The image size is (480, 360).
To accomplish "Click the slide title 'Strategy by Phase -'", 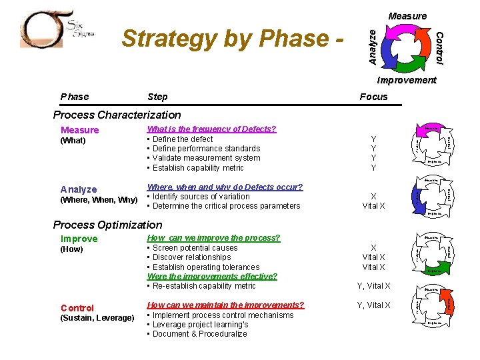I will (x=234, y=39).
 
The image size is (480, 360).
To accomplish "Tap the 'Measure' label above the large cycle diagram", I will (x=407, y=16).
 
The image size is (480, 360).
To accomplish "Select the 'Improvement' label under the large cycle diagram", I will (x=406, y=80).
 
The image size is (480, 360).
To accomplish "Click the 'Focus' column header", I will (x=373, y=97).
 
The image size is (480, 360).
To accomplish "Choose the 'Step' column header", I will (x=157, y=97).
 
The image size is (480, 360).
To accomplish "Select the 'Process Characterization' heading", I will (x=117, y=115).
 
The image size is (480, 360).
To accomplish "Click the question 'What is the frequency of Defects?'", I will (x=211, y=129).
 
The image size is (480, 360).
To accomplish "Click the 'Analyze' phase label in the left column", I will (x=79, y=189).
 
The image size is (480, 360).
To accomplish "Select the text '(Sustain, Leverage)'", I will (x=97, y=318).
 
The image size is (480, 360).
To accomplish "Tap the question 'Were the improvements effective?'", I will (x=212, y=276).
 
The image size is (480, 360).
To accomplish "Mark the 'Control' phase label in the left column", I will (x=77, y=308).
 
